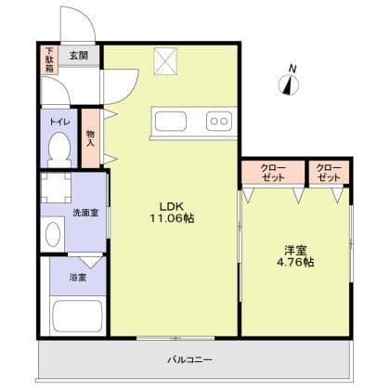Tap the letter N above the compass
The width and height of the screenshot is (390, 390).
292,68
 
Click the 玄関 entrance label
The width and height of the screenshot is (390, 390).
79,55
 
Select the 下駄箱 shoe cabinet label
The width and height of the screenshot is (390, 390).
49,58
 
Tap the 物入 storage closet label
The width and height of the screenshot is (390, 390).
90,137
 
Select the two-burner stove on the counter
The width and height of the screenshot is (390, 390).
219,120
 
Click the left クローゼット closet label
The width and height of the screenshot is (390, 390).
273,172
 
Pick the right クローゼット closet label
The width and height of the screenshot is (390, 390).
329,172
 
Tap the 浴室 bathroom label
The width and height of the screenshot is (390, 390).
78,277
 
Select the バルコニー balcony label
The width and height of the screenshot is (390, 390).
190,359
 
